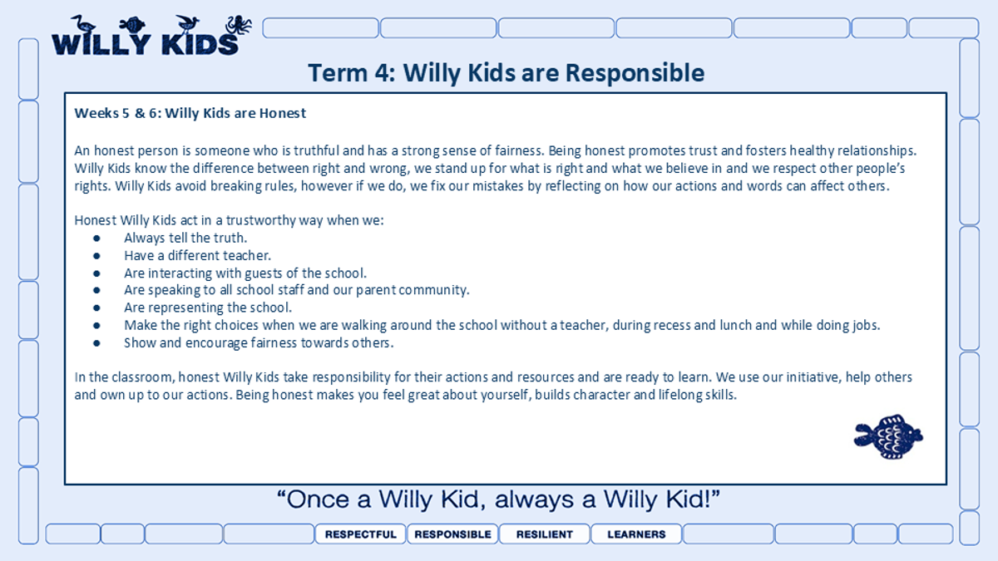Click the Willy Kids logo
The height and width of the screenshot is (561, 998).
151,36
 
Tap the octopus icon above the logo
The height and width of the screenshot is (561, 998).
239,24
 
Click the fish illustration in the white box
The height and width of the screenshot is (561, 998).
888,437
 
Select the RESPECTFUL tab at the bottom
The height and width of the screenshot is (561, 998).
360,534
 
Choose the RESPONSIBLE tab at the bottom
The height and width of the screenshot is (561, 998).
452,534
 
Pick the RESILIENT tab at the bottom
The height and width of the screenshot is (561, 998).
545,534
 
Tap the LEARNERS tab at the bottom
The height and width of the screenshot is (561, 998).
636,534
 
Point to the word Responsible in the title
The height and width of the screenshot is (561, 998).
635,73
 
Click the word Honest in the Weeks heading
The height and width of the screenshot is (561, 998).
283,113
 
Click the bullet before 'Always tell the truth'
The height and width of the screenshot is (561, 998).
96,239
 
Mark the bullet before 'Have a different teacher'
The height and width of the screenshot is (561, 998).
96,256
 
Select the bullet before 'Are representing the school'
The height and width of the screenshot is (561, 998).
96,308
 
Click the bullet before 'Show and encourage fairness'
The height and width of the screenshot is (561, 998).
96,343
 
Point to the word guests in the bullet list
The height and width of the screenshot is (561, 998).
264,273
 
